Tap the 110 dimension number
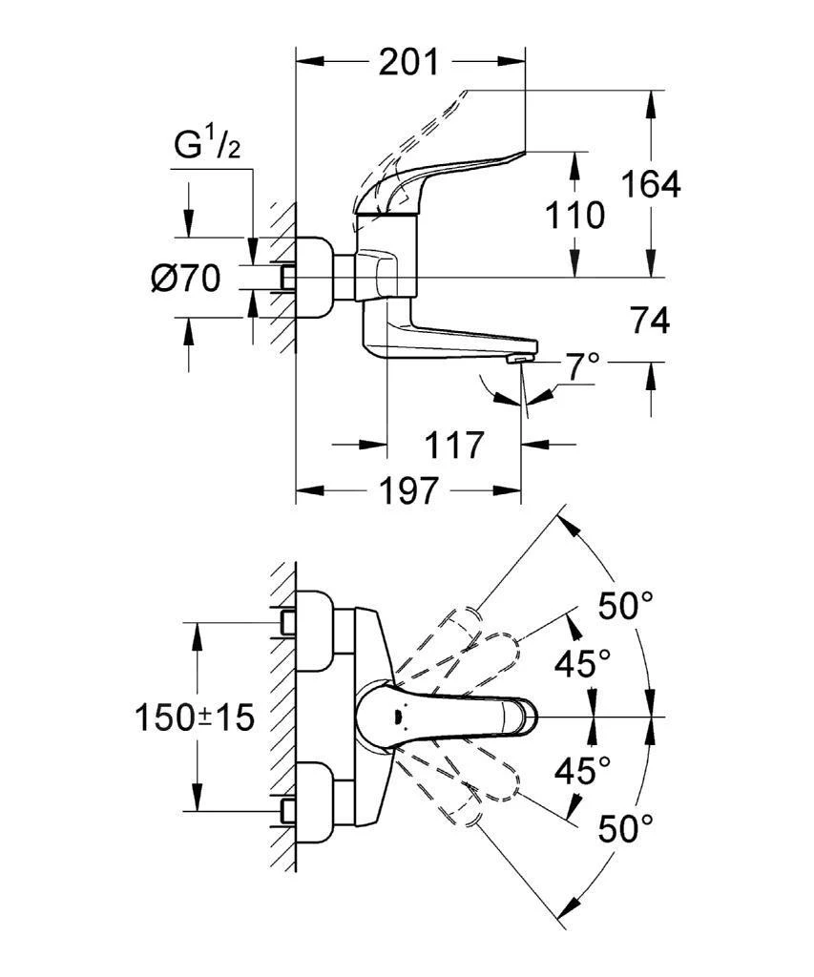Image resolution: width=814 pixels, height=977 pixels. (x=574, y=215)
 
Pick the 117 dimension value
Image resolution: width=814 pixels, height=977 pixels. (x=454, y=445)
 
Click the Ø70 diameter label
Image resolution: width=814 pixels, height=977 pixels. (x=185, y=279)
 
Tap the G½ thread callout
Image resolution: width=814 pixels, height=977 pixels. (x=205, y=145)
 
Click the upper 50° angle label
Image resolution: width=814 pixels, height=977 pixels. (x=625, y=604)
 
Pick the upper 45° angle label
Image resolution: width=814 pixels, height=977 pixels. (x=583, y=662)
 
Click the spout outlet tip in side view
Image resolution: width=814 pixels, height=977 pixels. (x=516, y=359)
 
